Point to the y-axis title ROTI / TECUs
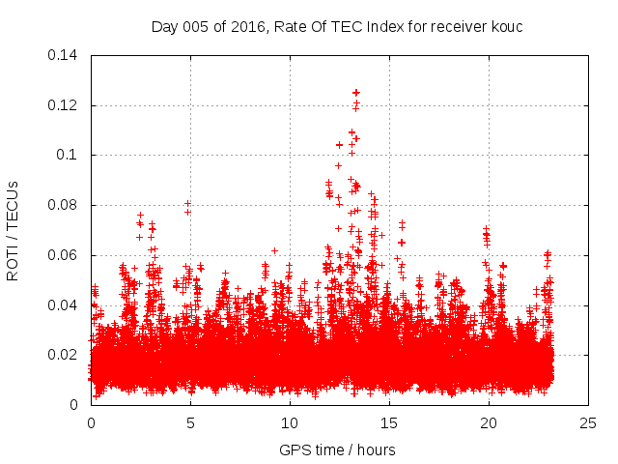tap(13, 230)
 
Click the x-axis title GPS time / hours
tap(337, 449)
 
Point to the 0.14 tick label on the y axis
tap(64, 54)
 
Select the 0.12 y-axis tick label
tap(64, 104)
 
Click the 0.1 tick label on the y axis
tap(70, 155)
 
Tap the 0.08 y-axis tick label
tap(64, 205)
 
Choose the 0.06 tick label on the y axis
tap(64, 255)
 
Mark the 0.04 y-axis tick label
tap(64, 305)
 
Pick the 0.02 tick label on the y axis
tap(64, 355)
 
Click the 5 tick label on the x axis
tap(190, 422)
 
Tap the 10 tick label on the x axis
tap(290, 422)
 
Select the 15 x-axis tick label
tap(389, 422)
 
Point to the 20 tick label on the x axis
tap(489, 422)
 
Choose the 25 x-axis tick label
tap(588, 422)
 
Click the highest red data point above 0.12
tap(356, 92)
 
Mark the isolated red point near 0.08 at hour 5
tap(187, 204)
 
